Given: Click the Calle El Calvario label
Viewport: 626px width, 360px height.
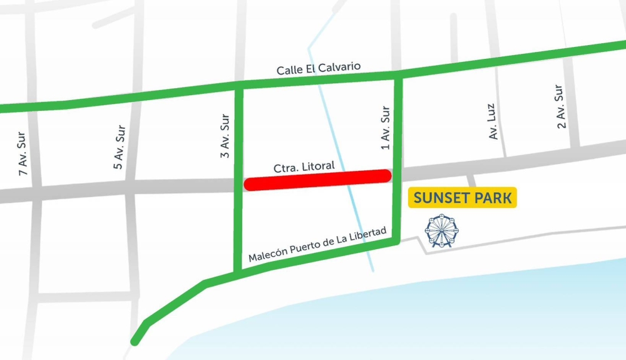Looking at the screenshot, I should click(x=319, y=68).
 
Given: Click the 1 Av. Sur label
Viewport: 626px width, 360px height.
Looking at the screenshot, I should click(x=386, y=128).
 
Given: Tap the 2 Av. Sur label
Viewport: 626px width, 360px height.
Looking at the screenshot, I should click(x=560, y=106).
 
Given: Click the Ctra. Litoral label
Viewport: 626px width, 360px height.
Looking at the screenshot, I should click(x=304, y=167).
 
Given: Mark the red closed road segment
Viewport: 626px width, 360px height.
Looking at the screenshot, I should click(x=318, y=180).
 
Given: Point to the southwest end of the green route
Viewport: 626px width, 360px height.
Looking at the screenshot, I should click(x=134, y=342).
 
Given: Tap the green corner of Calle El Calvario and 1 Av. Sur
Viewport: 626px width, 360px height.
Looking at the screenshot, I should click(x=398, y=78).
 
